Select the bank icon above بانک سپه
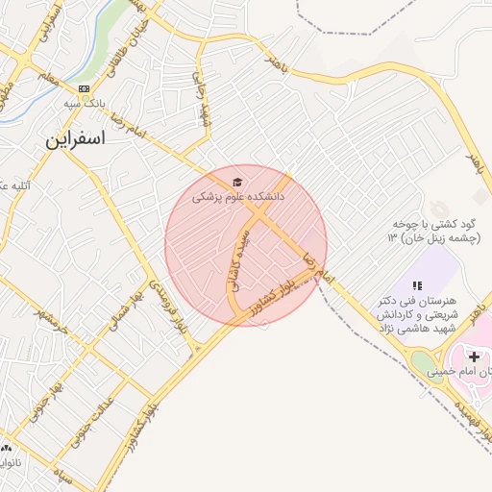(85, 88)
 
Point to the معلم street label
(46, 76)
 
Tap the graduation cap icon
(236, 182)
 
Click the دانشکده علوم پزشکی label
(238, 197)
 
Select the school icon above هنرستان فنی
(417, 285)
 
